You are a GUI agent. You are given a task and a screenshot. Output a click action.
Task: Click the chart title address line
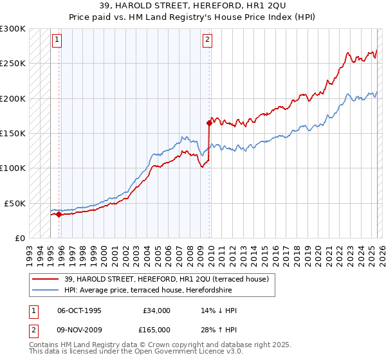pos(193,6)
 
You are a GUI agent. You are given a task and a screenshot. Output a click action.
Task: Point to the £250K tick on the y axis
pos(13,64)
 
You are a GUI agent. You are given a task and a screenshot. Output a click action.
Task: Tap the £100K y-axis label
pos(13,168)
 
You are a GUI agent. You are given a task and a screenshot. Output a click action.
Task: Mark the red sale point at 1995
pos(59,215)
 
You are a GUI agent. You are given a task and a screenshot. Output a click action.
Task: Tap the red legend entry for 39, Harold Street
pos(170,278)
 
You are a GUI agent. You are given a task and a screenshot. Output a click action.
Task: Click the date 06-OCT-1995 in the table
pos(79,310)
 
